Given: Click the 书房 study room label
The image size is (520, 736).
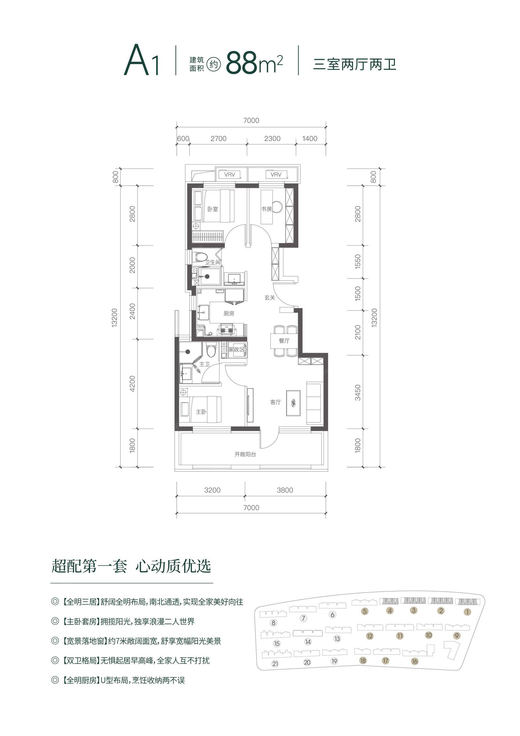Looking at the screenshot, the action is point(266,209).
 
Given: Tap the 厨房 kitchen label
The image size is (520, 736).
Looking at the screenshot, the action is point(229,314).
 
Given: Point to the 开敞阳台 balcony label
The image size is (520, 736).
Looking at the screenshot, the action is point(245,454).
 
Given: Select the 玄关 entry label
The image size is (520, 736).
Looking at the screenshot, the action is point(270,297).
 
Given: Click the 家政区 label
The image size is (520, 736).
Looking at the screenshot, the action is point(236,349).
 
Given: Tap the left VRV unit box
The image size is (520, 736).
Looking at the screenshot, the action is point(230,175).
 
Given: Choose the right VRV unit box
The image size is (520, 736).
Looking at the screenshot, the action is point(276,175).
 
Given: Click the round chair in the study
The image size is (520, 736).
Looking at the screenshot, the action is point(278,207).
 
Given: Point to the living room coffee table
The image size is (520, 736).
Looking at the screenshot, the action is point(293,403).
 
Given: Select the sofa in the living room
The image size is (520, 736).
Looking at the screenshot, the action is point(314,403).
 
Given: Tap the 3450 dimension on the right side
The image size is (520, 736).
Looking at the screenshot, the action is point(358,392).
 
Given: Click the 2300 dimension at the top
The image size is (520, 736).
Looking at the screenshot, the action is point(272,138).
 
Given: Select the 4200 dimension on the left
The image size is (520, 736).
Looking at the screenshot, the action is point(132,383).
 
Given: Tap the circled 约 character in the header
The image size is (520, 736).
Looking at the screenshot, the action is point(214,64).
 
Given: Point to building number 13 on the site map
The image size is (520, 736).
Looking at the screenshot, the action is point(337,639).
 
